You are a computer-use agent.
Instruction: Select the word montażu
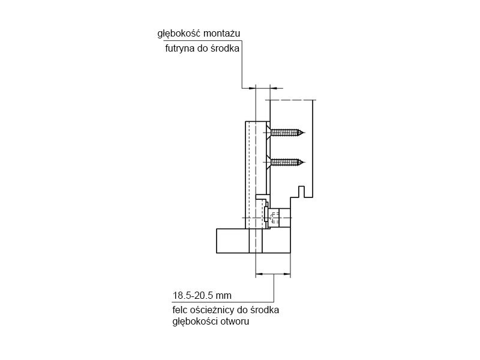click(221, 34)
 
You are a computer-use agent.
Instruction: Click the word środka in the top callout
click(225, 49)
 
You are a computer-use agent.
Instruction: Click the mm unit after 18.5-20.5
click(223, 296)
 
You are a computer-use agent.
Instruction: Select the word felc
click(179, 310)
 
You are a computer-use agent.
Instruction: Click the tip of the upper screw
click(304, 133)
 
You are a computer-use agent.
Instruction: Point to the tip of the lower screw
click(304, 162)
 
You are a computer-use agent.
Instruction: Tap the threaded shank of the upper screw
click(286, 133)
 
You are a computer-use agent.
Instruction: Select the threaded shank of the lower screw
click(286, 162)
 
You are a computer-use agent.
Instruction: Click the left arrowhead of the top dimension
click(252, 88)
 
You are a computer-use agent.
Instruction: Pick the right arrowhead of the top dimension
click(274, 88)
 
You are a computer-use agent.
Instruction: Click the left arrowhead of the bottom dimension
click(259, 274)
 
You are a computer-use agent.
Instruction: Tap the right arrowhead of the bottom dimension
click(287, 274)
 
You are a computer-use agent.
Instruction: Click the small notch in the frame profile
click(301, 191)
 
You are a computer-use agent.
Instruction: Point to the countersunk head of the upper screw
click(268, 133)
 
